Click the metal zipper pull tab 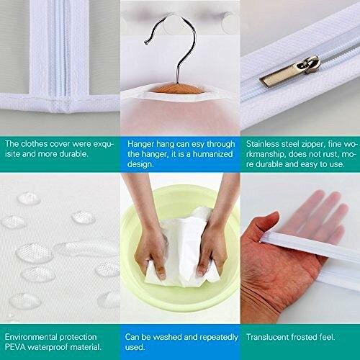(290, 72)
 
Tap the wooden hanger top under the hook (177, 88)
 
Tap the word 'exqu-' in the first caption (104, 144)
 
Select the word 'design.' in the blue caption (140, 164)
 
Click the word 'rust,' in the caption (330, 154)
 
